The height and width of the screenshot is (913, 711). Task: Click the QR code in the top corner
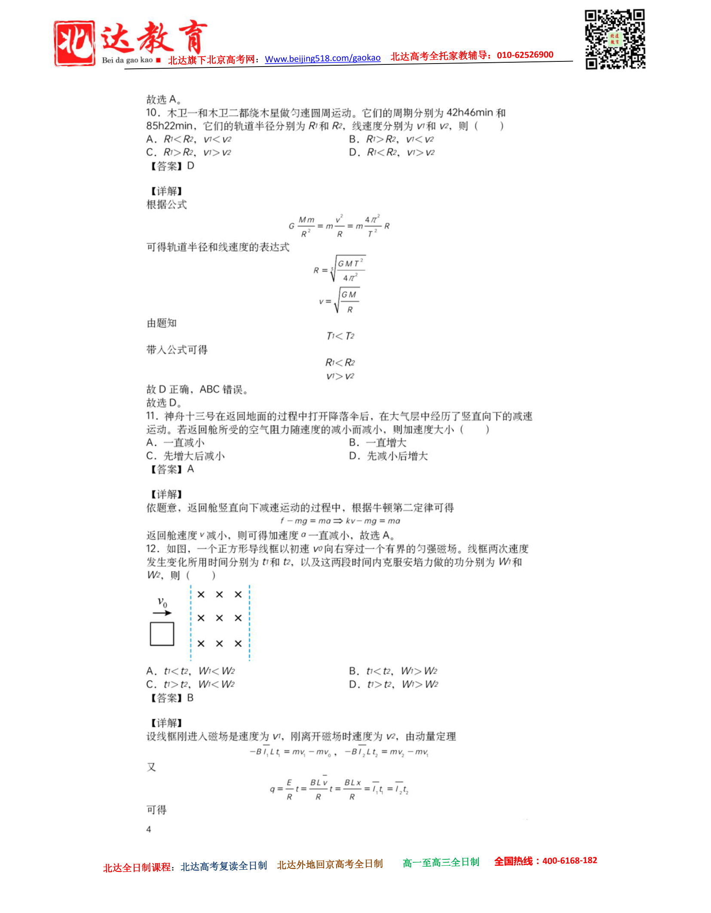coord(614,39)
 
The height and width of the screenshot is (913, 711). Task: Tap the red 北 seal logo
coord(74,43)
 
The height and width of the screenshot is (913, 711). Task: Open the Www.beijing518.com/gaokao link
coord(322,58)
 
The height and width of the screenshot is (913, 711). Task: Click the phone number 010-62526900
coord(525,55)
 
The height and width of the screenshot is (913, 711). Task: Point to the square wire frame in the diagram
coord(162,634)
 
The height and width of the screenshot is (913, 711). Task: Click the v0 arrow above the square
coord(162,612)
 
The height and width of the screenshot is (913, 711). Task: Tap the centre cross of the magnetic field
coord(219,618)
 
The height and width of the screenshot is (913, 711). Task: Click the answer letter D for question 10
coord(191,166)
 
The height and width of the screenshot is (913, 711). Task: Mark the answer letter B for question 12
coord(190,698)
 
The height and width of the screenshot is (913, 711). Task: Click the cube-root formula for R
coord(340,270)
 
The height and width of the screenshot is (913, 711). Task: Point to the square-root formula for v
coord(340,301)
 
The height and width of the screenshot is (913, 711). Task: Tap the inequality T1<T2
coord(340,336)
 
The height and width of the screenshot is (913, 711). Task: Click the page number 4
coord(149,829)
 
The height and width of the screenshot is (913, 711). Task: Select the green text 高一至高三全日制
coord(441,862)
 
